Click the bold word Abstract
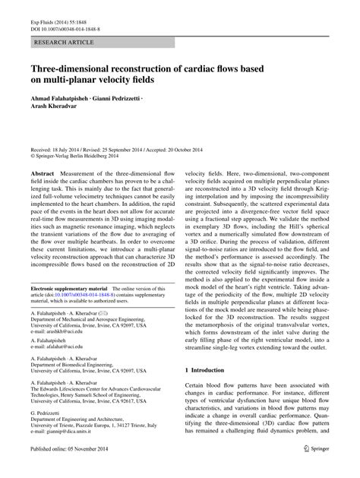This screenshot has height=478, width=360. point(42,174)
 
